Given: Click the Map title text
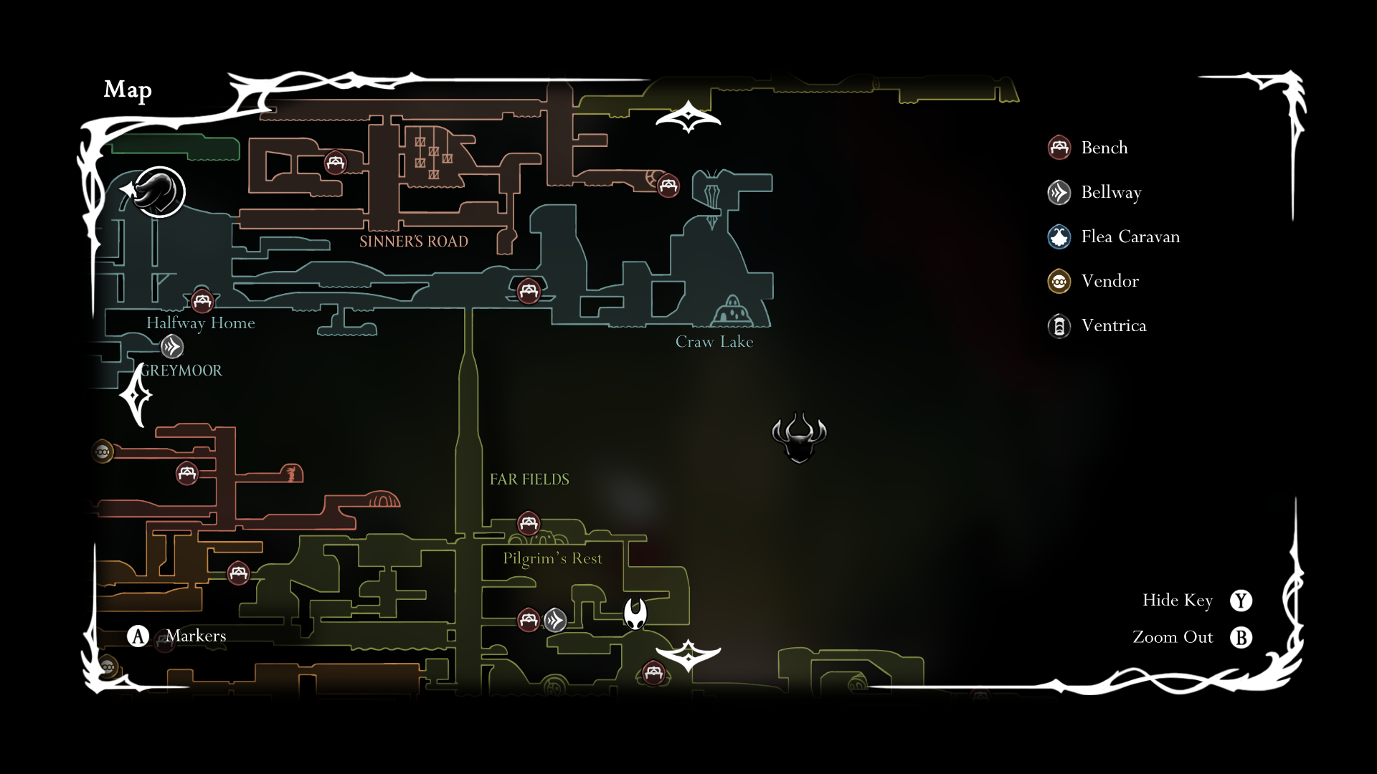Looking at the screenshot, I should point(128,90).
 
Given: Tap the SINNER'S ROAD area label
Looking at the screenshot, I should point(413,242).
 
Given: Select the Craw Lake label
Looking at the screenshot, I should point(714,342).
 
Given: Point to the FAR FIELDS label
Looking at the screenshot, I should point(529,479).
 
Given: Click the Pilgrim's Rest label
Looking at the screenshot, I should point(552,558).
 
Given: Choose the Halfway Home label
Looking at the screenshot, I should point(200,323).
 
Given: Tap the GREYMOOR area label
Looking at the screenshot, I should point(181,371).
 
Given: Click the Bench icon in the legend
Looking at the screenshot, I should point(1059,148).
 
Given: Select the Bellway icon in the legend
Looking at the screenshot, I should point(1059,192).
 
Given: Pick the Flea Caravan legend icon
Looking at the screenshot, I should point(1059,236).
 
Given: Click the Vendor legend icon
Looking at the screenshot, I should point(1059,281).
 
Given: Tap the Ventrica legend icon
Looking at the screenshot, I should point(1059,326).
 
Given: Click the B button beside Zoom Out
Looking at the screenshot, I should point(1241,637).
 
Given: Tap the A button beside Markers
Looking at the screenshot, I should point(138,636).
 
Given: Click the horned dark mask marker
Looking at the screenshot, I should point(799,437).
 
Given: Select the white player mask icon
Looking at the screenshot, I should point(635,613).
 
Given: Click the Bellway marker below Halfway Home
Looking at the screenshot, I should point(172,347).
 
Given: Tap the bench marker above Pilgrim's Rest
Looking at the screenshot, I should point(529,522).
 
